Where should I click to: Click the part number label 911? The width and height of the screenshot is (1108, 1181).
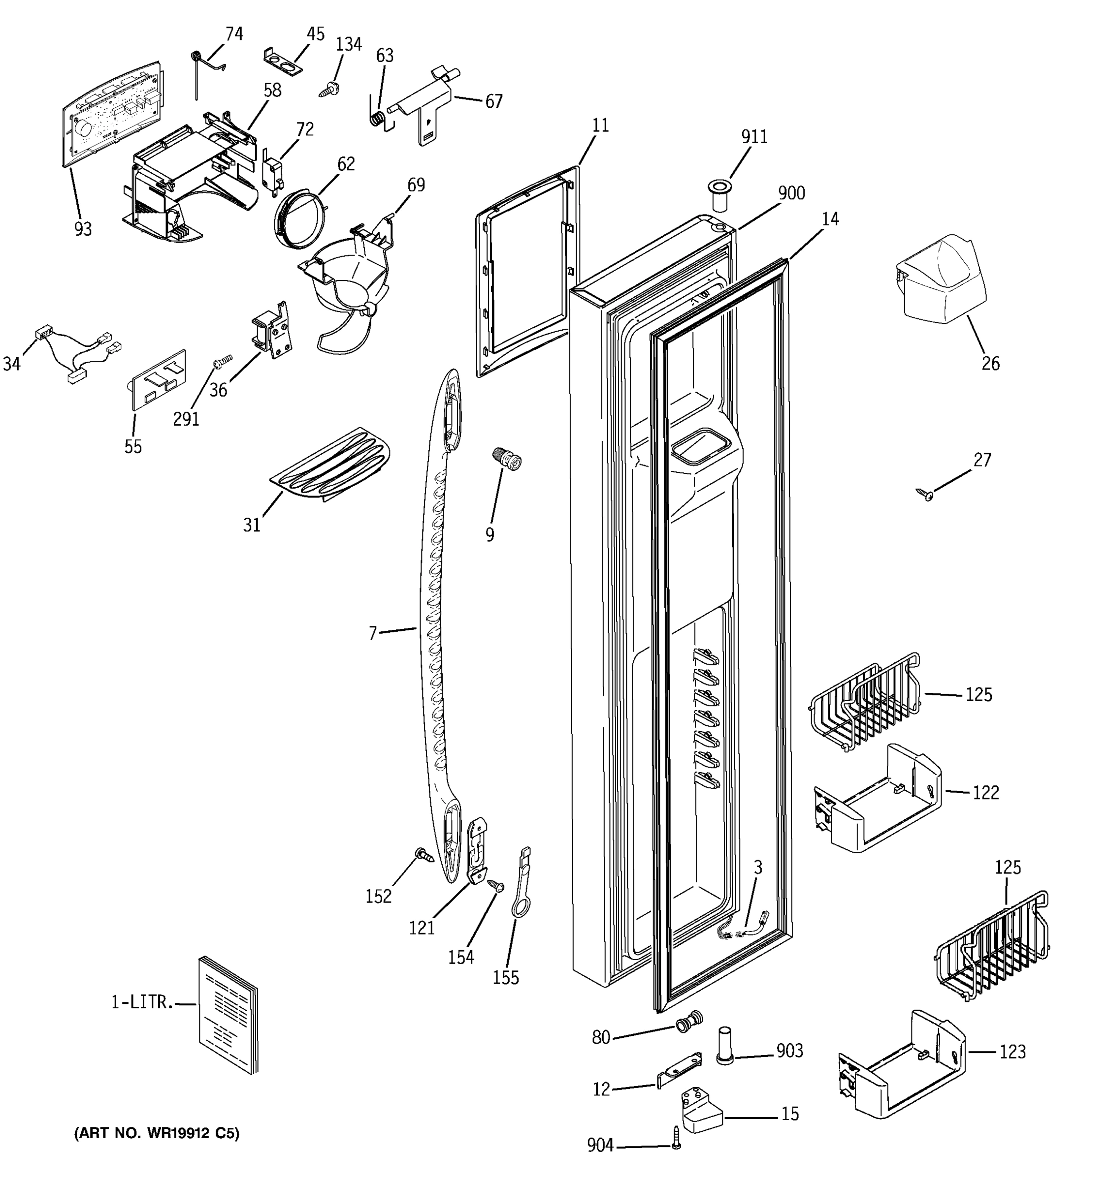tap(754, 137)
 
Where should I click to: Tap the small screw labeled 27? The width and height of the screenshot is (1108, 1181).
tap(925, 494)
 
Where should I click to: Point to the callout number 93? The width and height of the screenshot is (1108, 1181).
tap(83, 229)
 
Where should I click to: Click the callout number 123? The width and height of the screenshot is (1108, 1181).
tap(1012, 1052)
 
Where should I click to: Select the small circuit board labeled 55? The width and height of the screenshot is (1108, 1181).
tap(158, 379)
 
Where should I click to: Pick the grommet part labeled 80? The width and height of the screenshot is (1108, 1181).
tap(689, 1022)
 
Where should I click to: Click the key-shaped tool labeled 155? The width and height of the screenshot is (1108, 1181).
tap(521, 885)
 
